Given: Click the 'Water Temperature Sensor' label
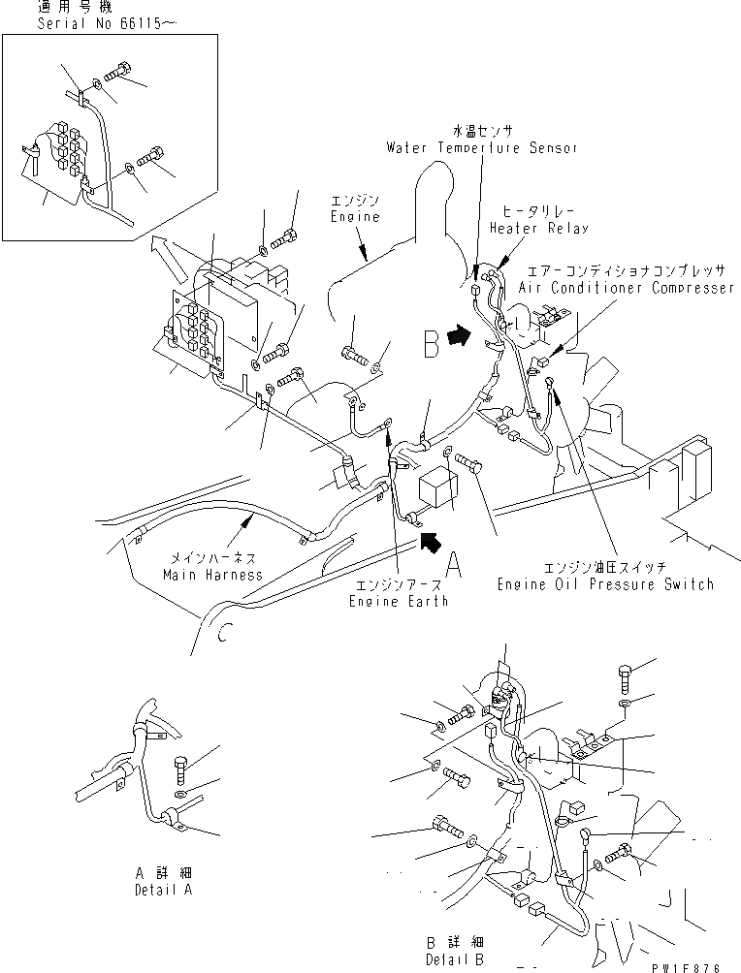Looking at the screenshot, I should pos(481,148).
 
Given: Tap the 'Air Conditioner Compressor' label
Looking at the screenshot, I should pos(627,289).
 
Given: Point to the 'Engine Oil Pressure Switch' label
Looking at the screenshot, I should pos(605,584).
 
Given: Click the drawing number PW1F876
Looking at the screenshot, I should pos(702,963).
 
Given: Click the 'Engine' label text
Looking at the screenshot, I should pos(354,217).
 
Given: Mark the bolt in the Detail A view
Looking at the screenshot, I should pos(181,770).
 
